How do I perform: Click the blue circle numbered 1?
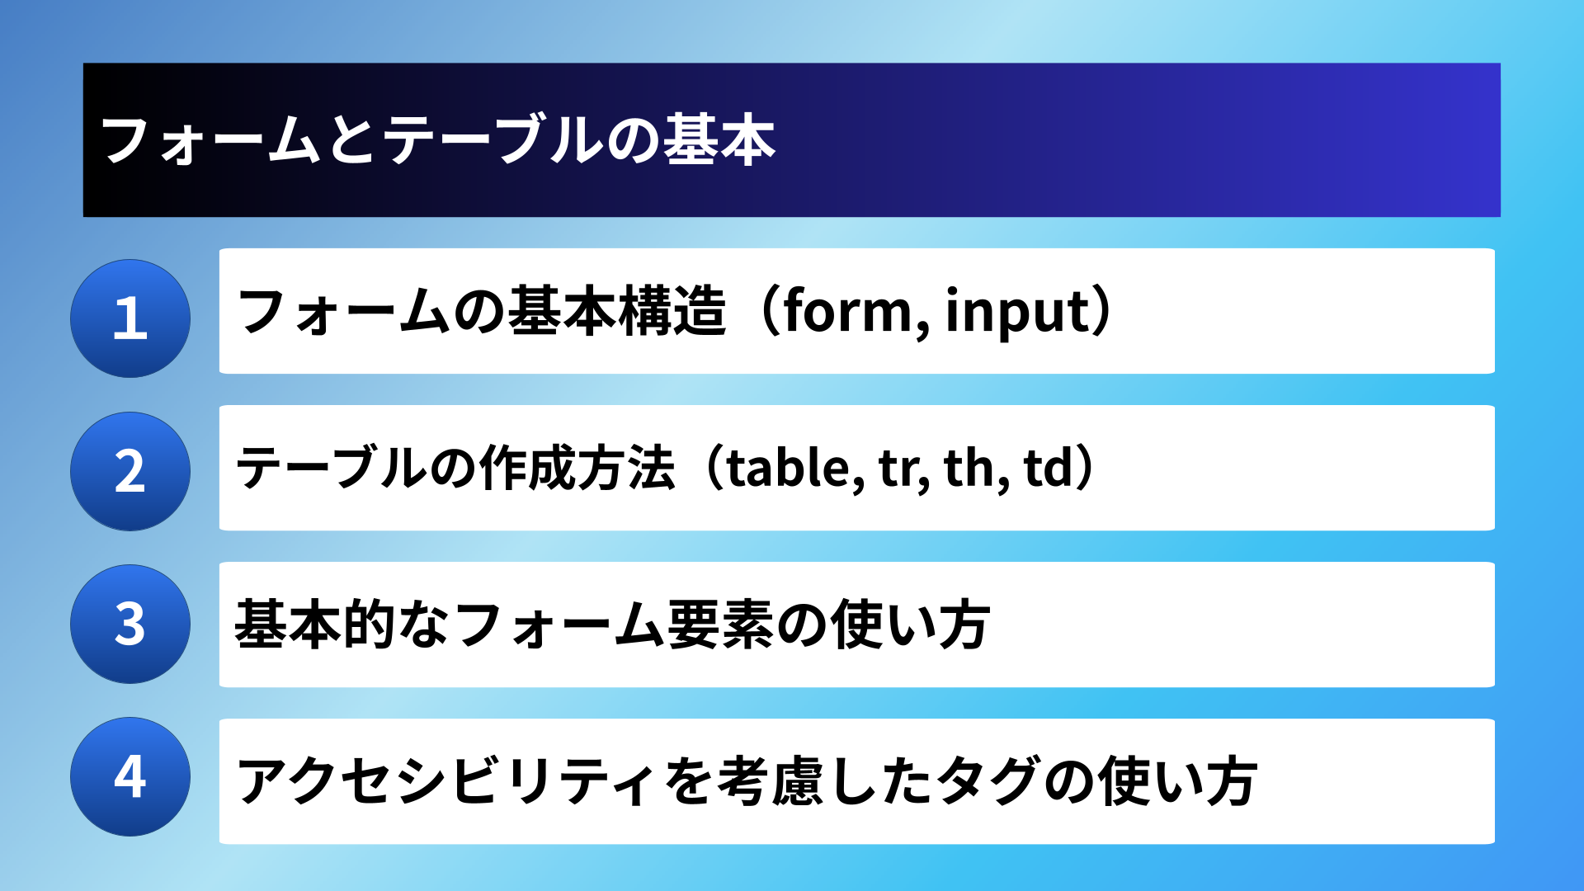tap(130, 318)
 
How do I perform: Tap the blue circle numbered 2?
tap(130, 471)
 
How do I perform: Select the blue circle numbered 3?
tap(130, 624)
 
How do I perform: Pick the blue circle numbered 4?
tap(130, 776)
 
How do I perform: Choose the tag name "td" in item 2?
tap(1049, 468)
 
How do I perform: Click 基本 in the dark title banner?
tap(719, 139)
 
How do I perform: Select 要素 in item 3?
tap(719, 625)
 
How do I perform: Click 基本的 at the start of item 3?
tap(316, 625)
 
